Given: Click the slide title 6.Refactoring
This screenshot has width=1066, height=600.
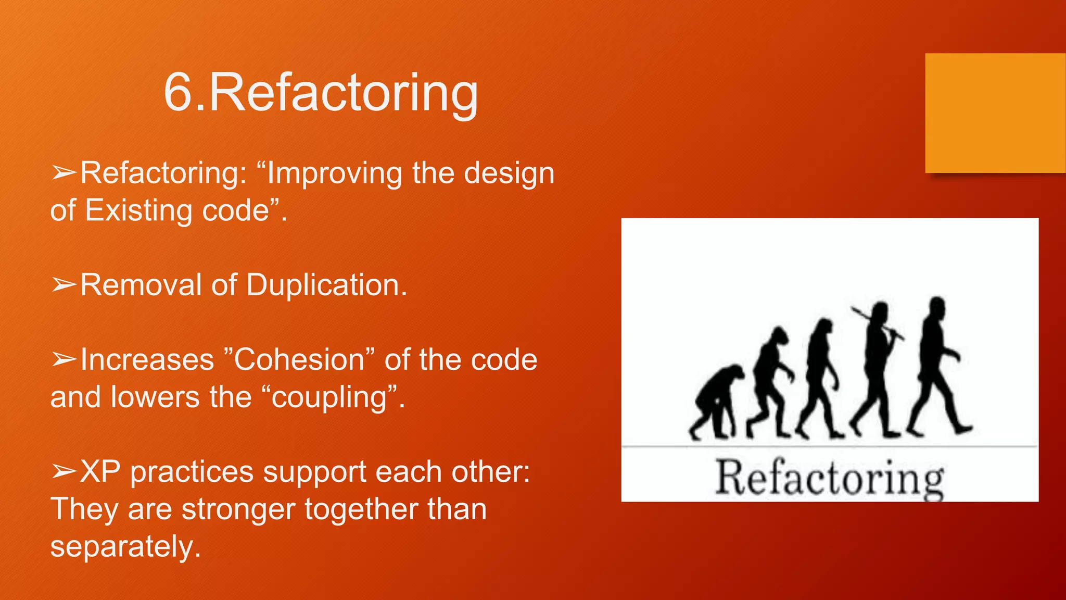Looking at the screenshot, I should point(321,93).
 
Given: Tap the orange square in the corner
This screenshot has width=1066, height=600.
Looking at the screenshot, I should point(995,113).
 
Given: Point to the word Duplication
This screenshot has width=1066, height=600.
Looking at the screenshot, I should point(326,285).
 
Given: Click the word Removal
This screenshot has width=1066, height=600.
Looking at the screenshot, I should point(141,285).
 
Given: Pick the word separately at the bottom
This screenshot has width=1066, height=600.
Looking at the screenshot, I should point(125,546).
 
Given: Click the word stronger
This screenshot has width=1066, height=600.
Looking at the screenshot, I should point(238,509).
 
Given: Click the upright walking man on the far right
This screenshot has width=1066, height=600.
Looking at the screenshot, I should point(937,365).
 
